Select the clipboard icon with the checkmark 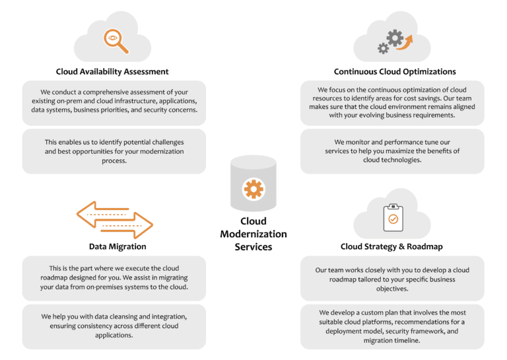[393, 217]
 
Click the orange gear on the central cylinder [253, 189]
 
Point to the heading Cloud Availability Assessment [112, 71]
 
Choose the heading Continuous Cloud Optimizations [395, 71]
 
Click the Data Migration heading [118, 246]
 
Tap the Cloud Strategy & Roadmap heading [391, 246]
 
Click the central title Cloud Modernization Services [253, 234]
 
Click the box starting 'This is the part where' [114, 278]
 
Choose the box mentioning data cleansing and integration [114, 326]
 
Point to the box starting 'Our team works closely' [392, 279]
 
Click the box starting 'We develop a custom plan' [392, 326]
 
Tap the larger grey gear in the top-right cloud [395, 38]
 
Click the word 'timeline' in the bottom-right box [406, 341]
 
